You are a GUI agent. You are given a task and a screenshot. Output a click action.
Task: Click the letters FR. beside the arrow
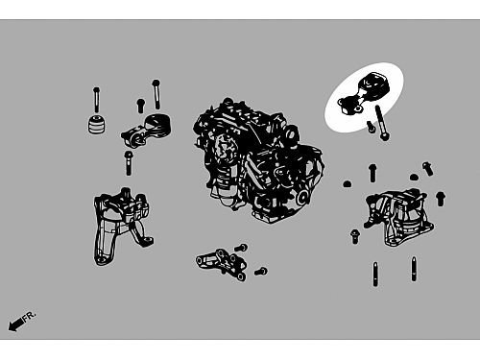pyautogui.click(x=30, y=315)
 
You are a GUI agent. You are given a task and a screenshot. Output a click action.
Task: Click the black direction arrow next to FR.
pyautogui.click(x=15, y=324)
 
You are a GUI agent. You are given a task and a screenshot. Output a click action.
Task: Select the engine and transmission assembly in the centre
pyautogui.click(x=258, y=161)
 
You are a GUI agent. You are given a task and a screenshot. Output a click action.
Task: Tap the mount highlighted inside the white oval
pyautogui.click(x=364, y=93)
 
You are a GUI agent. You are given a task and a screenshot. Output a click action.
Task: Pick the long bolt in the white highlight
pyautogui.click(x=381, y=123)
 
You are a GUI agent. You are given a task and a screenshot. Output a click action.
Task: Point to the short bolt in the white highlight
pyautogui.click(x=371, y=127)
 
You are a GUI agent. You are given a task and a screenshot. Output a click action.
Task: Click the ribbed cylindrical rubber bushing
pyautogui.click(x=97, y=124)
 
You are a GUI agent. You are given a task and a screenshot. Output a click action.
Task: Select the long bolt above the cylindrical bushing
pyautogui.click(x=96, y=99)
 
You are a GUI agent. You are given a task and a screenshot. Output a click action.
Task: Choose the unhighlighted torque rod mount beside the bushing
pyautogui.click(x=146, y=131)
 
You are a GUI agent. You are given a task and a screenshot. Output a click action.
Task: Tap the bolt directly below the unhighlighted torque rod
pyautogui.click(x=128, y=163)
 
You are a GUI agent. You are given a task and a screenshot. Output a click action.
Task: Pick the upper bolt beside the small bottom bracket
pyautogui.click(x=241, y=248)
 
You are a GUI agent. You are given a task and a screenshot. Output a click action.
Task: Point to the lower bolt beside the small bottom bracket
pyautogui.click(x=261, y=272)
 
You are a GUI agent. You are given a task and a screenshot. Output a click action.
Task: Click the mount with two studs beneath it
pyautogui.click(x=398, y=217)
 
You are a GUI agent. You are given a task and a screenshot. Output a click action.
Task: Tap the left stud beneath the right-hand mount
pyautogui.click(x=375, y=275)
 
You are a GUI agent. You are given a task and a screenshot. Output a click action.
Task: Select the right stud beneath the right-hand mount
pyautogui.click(x=414, y=269)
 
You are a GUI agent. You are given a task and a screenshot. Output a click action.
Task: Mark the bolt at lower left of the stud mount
pyautogui.click(x=354, y=236)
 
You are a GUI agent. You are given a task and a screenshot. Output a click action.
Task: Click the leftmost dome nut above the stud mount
pyautogui.click(x=348, y=183)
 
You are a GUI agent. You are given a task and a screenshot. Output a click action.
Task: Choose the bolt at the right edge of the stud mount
pyautogui.click(x=441, y=199)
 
